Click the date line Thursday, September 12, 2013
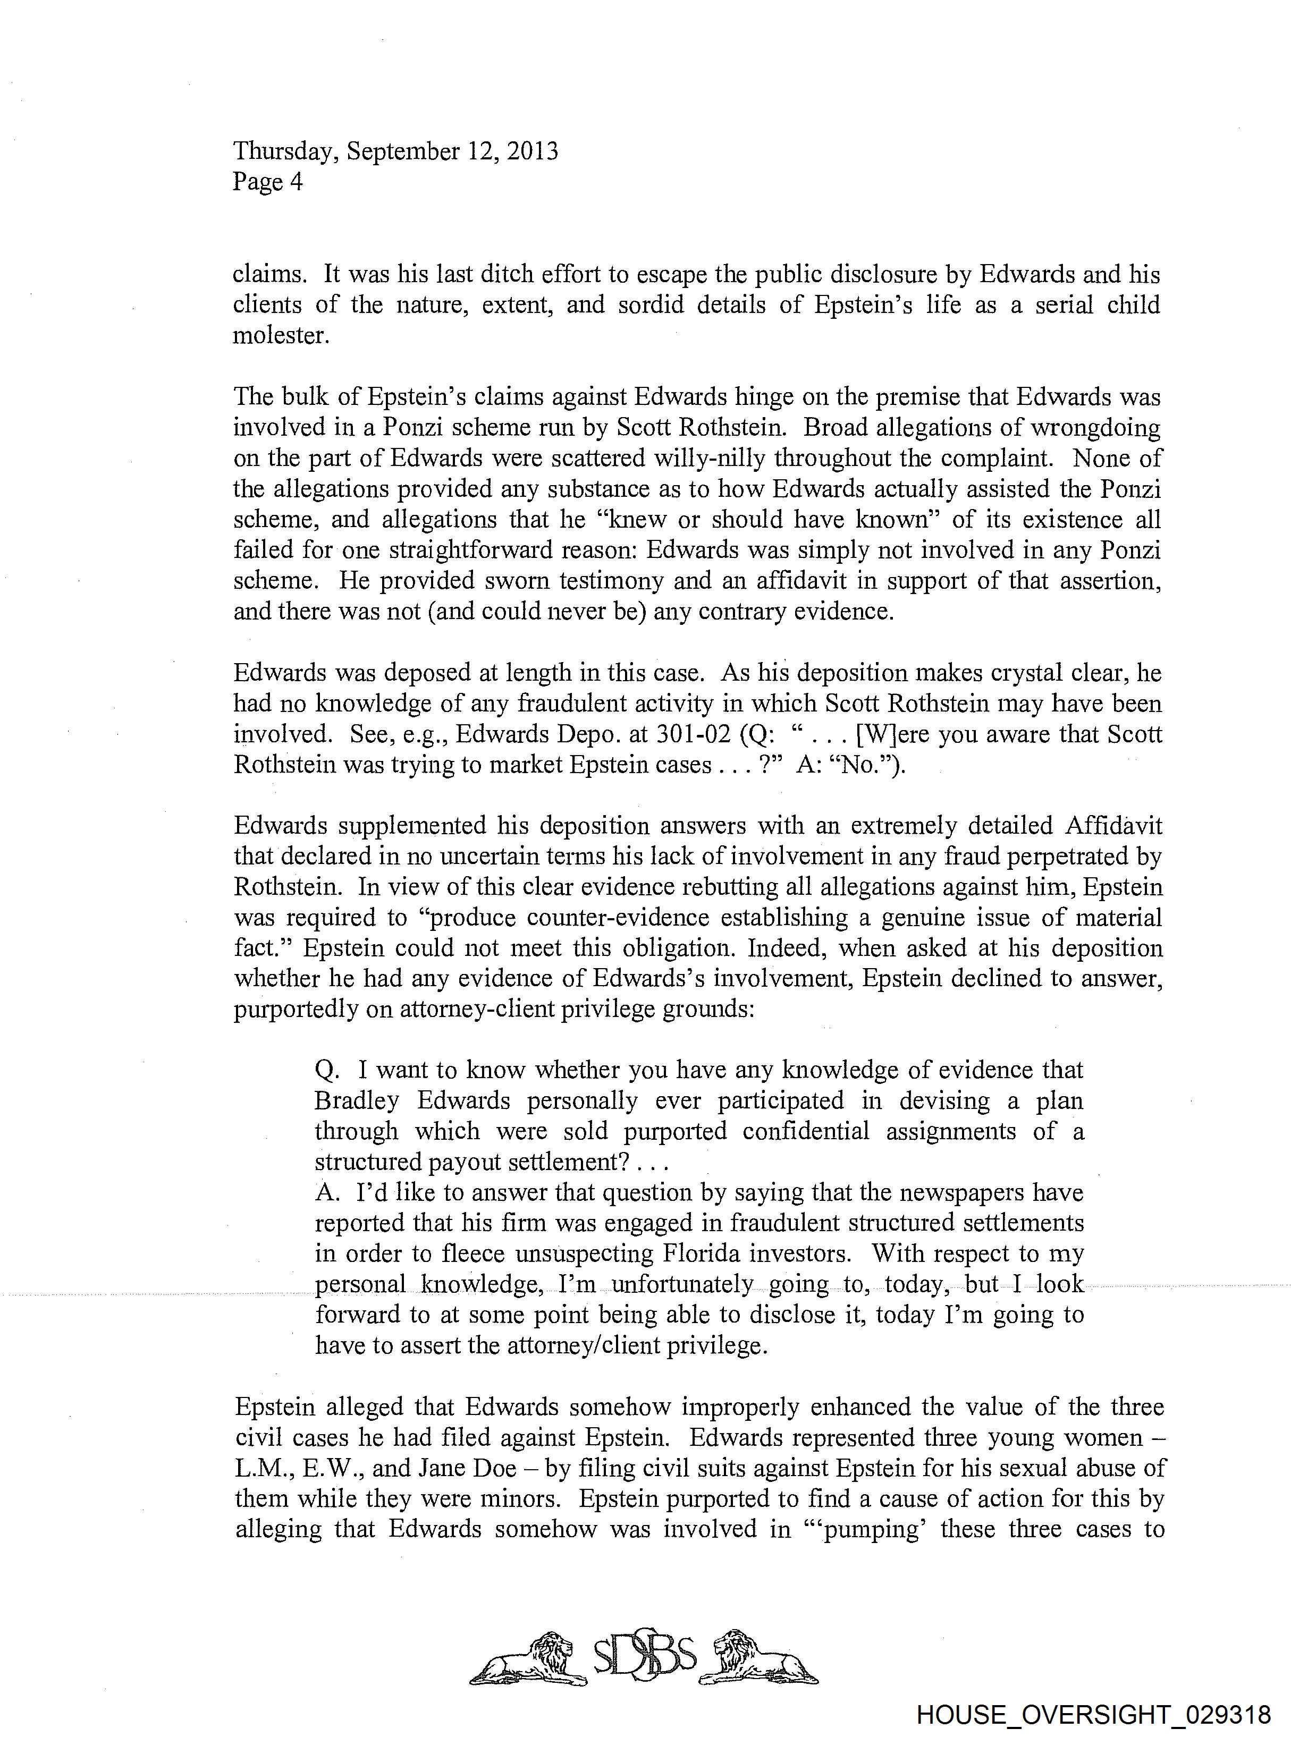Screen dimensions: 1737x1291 pyautogui.click(x=395, y=151)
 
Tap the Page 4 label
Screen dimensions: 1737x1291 pyautogui.click(x=267, y=182)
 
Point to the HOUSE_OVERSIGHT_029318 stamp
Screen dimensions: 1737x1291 pyautogui.click(x=1093, y=1715)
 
